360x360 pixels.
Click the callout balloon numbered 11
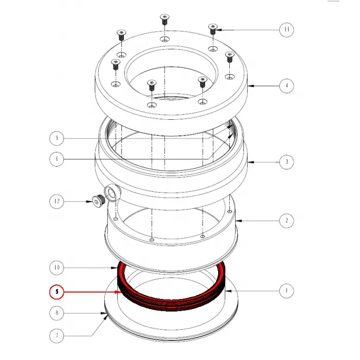pyautogui.click(x=286, y=29)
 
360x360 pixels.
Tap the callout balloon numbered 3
pyautogui.click(x=286, y=161)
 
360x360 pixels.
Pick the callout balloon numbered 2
pyautogui.click(x=286, y=221)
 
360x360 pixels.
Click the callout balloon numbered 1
pyautogui.click(x=286, y=291)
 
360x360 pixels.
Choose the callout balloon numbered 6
pyautogui.click(x=57, y=159)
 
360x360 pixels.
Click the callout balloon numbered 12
pyautogui.click(x=57, y=201)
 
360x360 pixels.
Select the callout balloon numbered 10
pyautogui.click(x=57, y=267)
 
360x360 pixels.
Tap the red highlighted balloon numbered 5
pyautogui.click(x=57, y=292)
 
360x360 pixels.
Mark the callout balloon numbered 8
pyautogui.click(x=57, y=312)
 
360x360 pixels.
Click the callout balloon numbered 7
pyautogui.click(x=57, y=336)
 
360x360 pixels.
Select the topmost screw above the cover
pyautogui.click(x=164, y=19)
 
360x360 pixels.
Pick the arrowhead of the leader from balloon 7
pyautogui.click(x=107, y=315)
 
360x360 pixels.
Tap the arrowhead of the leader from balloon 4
pyautogui.click(x=248, y=85)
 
